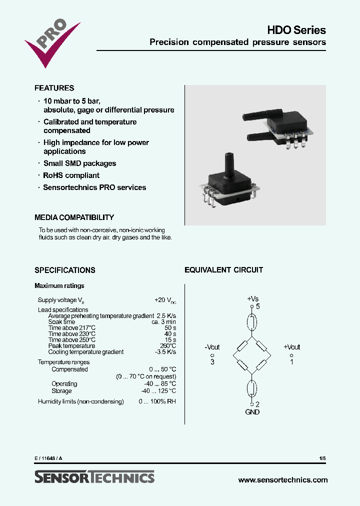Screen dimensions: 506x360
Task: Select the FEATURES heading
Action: point(54,88)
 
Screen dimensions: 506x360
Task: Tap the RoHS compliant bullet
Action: point(71,175)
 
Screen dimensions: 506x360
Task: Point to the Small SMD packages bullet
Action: point(79,163)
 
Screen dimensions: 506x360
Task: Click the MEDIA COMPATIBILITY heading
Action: point(74,217)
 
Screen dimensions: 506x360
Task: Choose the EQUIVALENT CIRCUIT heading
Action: point(223,270)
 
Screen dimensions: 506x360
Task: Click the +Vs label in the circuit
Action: point(252,298)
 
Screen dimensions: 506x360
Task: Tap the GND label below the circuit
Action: point(252,412)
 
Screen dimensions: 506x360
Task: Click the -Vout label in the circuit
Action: point(212,347)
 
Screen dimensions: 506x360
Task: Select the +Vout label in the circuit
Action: point(291,347)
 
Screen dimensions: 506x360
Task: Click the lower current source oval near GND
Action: point(252,388)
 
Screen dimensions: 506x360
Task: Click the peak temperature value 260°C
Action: point(167,346)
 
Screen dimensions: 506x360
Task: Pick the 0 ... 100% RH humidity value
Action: point(157,401)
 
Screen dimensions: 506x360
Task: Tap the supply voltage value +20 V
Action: point(165,300)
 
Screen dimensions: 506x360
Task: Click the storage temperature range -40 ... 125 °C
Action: point(158,391)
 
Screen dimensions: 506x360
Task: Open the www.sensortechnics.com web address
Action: point(283,479)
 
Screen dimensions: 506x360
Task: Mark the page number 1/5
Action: point(322,458)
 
